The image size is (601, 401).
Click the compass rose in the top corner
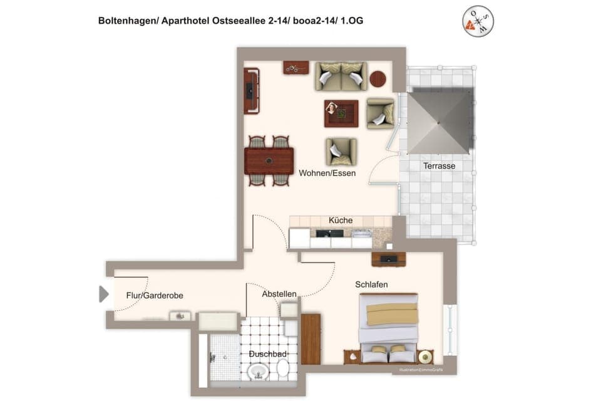[x=478, y=21]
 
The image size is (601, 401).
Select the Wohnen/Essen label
[x=327, y=173]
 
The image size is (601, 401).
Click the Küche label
[x=341, y=221]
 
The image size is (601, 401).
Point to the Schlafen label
[x=371, y=284]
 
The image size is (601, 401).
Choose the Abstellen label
[x=279, y=294]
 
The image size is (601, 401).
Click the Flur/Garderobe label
[x=155, y=295]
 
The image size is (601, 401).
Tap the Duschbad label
[x=267, y=354]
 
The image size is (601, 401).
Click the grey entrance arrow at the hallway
[x=103, y=294]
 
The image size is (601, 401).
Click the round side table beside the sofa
[x=378, y=78]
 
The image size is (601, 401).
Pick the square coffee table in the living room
[x=341, y=113]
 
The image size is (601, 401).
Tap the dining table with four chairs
[x=269, y=161]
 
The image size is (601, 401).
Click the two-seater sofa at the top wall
[x=341, y=76]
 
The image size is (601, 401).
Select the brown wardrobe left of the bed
[x=311, y=339]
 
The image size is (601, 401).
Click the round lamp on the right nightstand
[x=426, y=357]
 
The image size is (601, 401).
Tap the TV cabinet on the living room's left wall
[x=251, y=91]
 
